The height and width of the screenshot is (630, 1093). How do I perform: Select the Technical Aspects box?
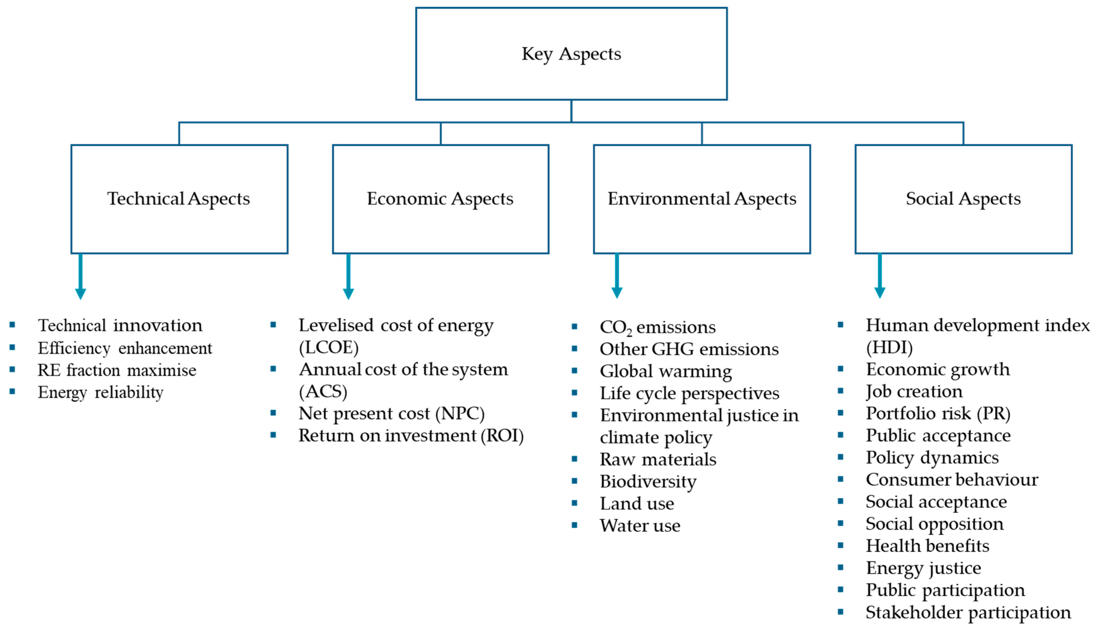[179, 199]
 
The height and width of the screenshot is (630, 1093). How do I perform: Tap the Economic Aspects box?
[440, 199]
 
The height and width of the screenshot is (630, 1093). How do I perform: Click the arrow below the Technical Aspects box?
[80, 277]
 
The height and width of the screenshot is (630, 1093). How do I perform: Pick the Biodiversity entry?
[648, 481]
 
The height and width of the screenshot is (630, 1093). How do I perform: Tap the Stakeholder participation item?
[968, 612]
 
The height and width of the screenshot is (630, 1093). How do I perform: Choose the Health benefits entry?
[927, 546]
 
